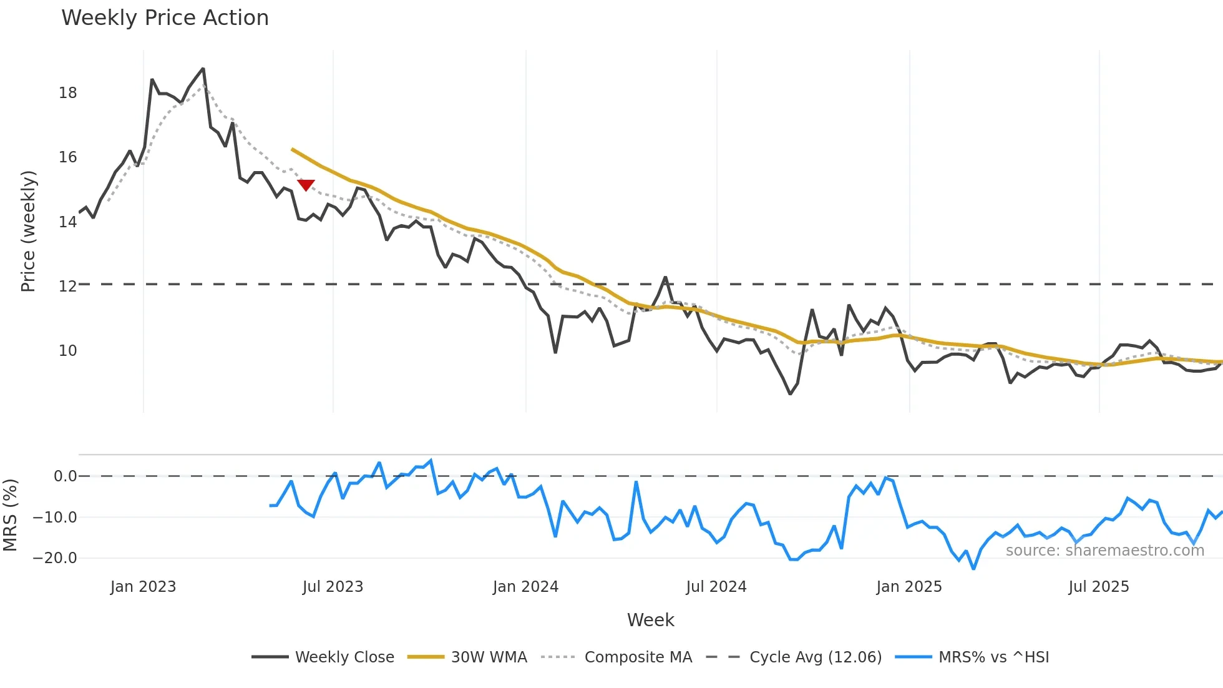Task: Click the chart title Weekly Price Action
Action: pyautogui.click(x=165, y=18)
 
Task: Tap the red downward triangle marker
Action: pyautogui.click(x=306, y=185)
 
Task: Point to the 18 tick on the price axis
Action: pyautogui.click(x=67, y=93)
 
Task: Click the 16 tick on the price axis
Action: pyautogui.click(x=67, y=157)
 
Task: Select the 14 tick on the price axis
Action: pyautogui.click(x=67, y=222)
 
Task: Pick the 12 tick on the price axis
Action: pyautogui.click(x=67, y=287)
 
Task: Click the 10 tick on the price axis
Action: pyautogui.click(x=67, y=351)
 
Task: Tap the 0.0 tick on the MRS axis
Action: pyautogui.click(x=65, y=476)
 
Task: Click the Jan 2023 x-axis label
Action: pyautogui.click(x=143, y=587)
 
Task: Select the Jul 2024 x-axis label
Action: pyautogui.click(x=716, y=587)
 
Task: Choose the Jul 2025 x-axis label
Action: pyautogui.click(x=1098, y=587)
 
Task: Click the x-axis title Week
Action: pyautogui.click(x=650, y=620)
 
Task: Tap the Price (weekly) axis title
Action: pyautogui.click(x=28, y=231)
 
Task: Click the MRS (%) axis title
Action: pyautogui.click(x=10, y=515)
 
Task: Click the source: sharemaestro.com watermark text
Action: pyautogui.click(x=1104, y=551)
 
